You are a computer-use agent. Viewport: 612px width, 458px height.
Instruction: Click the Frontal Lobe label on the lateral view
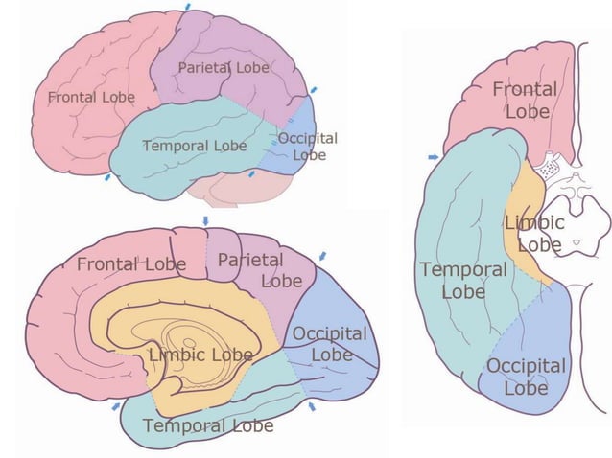pos(90,98)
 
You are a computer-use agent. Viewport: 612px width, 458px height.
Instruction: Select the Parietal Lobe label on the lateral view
pos(224,69)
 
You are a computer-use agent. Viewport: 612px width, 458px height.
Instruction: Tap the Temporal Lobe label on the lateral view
pos(194,146)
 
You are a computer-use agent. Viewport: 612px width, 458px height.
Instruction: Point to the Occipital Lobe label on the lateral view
pos(308,147)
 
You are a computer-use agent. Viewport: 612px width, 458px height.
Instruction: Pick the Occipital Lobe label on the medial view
pos(330,343)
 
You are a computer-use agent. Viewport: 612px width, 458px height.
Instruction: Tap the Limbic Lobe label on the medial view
pos(200,355)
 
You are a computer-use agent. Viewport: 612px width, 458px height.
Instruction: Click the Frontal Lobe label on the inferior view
pos(524,101)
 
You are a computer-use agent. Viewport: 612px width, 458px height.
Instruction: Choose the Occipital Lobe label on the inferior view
pos(526,378)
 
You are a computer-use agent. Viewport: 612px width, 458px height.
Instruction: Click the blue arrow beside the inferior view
pos(435,155)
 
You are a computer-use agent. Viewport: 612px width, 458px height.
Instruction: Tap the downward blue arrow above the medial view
pos(205,220)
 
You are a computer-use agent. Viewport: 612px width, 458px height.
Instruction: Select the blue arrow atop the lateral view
pos(188,6)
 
